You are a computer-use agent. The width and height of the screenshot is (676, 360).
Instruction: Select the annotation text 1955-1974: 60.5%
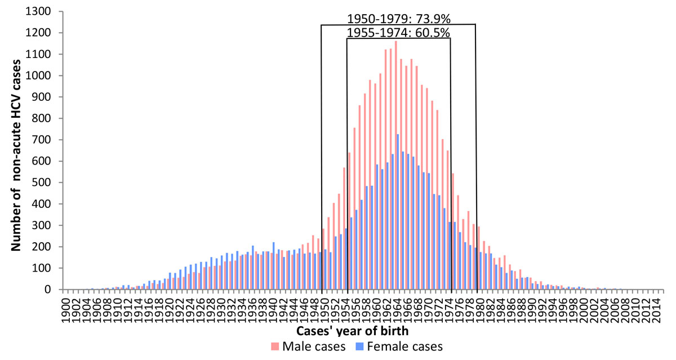tap(398, 33)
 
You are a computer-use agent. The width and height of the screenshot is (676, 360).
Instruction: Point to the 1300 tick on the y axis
tap(40, 11)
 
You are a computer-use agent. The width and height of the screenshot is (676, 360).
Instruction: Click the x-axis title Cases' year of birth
tap(354, 331)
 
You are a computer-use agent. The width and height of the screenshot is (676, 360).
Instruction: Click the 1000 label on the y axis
tap(40, 75)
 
